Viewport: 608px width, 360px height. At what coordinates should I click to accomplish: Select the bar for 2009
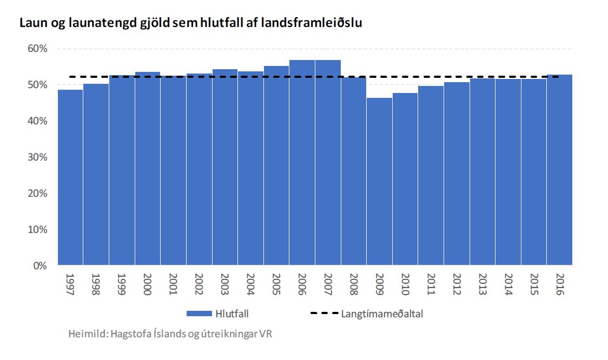tap(379, 182)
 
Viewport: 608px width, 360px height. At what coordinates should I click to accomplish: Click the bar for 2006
tap(302, 163)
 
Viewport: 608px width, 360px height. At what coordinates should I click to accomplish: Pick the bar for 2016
tap(559, 170)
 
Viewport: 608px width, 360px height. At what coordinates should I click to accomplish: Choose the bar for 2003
tap(224, 168)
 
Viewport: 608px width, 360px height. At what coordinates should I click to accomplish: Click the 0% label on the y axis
tap(41, 266)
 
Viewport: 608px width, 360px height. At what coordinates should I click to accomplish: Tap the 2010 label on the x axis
tap(405, 284)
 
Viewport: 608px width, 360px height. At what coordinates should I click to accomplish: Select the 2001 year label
tap(173, 284)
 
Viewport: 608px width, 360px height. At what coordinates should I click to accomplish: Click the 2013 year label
tap(482, 284)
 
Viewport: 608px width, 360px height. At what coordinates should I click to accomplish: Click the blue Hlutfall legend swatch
tap(198, 314)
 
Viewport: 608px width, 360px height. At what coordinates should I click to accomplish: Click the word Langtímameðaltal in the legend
tap(382, 314)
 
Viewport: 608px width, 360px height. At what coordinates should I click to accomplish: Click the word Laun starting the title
tap(32, 23)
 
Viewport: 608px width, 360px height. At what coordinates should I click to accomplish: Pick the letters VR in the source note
tap(265, 334)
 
